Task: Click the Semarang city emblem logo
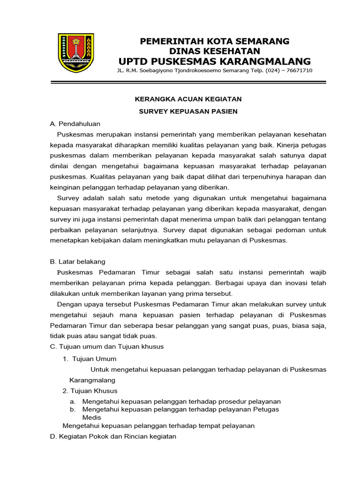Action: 75,52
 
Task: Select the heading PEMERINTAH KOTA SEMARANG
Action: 215,41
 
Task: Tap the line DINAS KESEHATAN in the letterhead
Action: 215,51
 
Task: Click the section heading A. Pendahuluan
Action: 75,124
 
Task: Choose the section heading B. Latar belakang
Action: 77,261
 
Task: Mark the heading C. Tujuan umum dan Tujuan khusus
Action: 106,346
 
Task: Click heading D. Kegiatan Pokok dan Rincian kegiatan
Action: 113,436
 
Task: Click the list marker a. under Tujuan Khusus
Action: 73,402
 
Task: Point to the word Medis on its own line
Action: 91,417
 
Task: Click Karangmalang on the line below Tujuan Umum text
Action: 92,380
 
